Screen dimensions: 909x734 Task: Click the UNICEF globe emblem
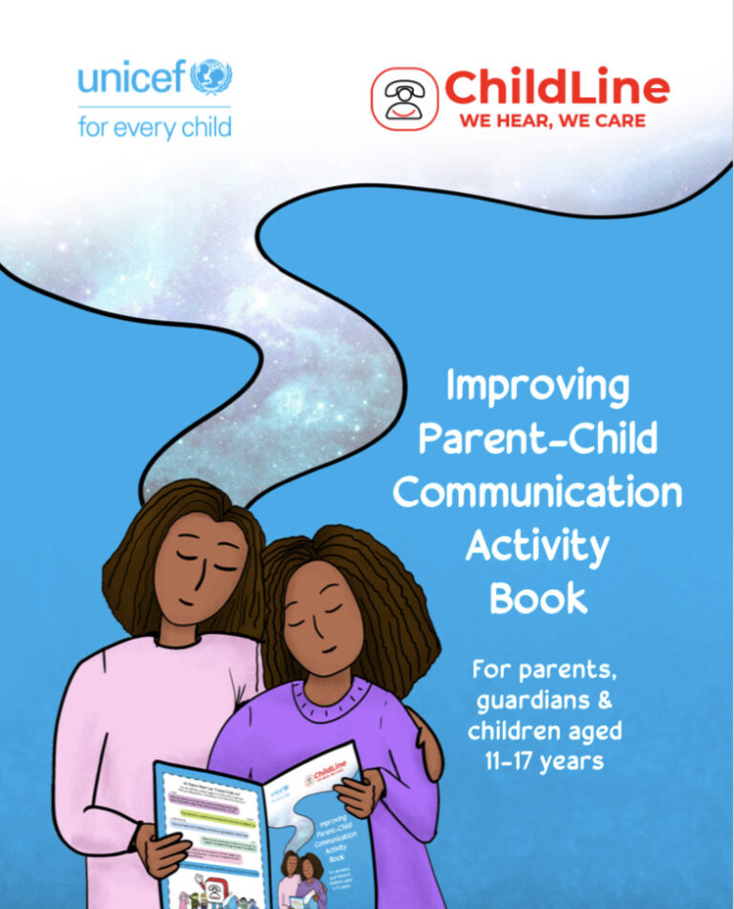(x=211, y=76)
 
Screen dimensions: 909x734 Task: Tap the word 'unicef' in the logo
(x=132, y=77)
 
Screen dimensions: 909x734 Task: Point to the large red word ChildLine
(x=556, y=88)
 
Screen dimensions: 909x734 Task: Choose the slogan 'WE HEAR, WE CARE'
(x=551, y=121)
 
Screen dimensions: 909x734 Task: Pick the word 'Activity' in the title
(x=538, y=546)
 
